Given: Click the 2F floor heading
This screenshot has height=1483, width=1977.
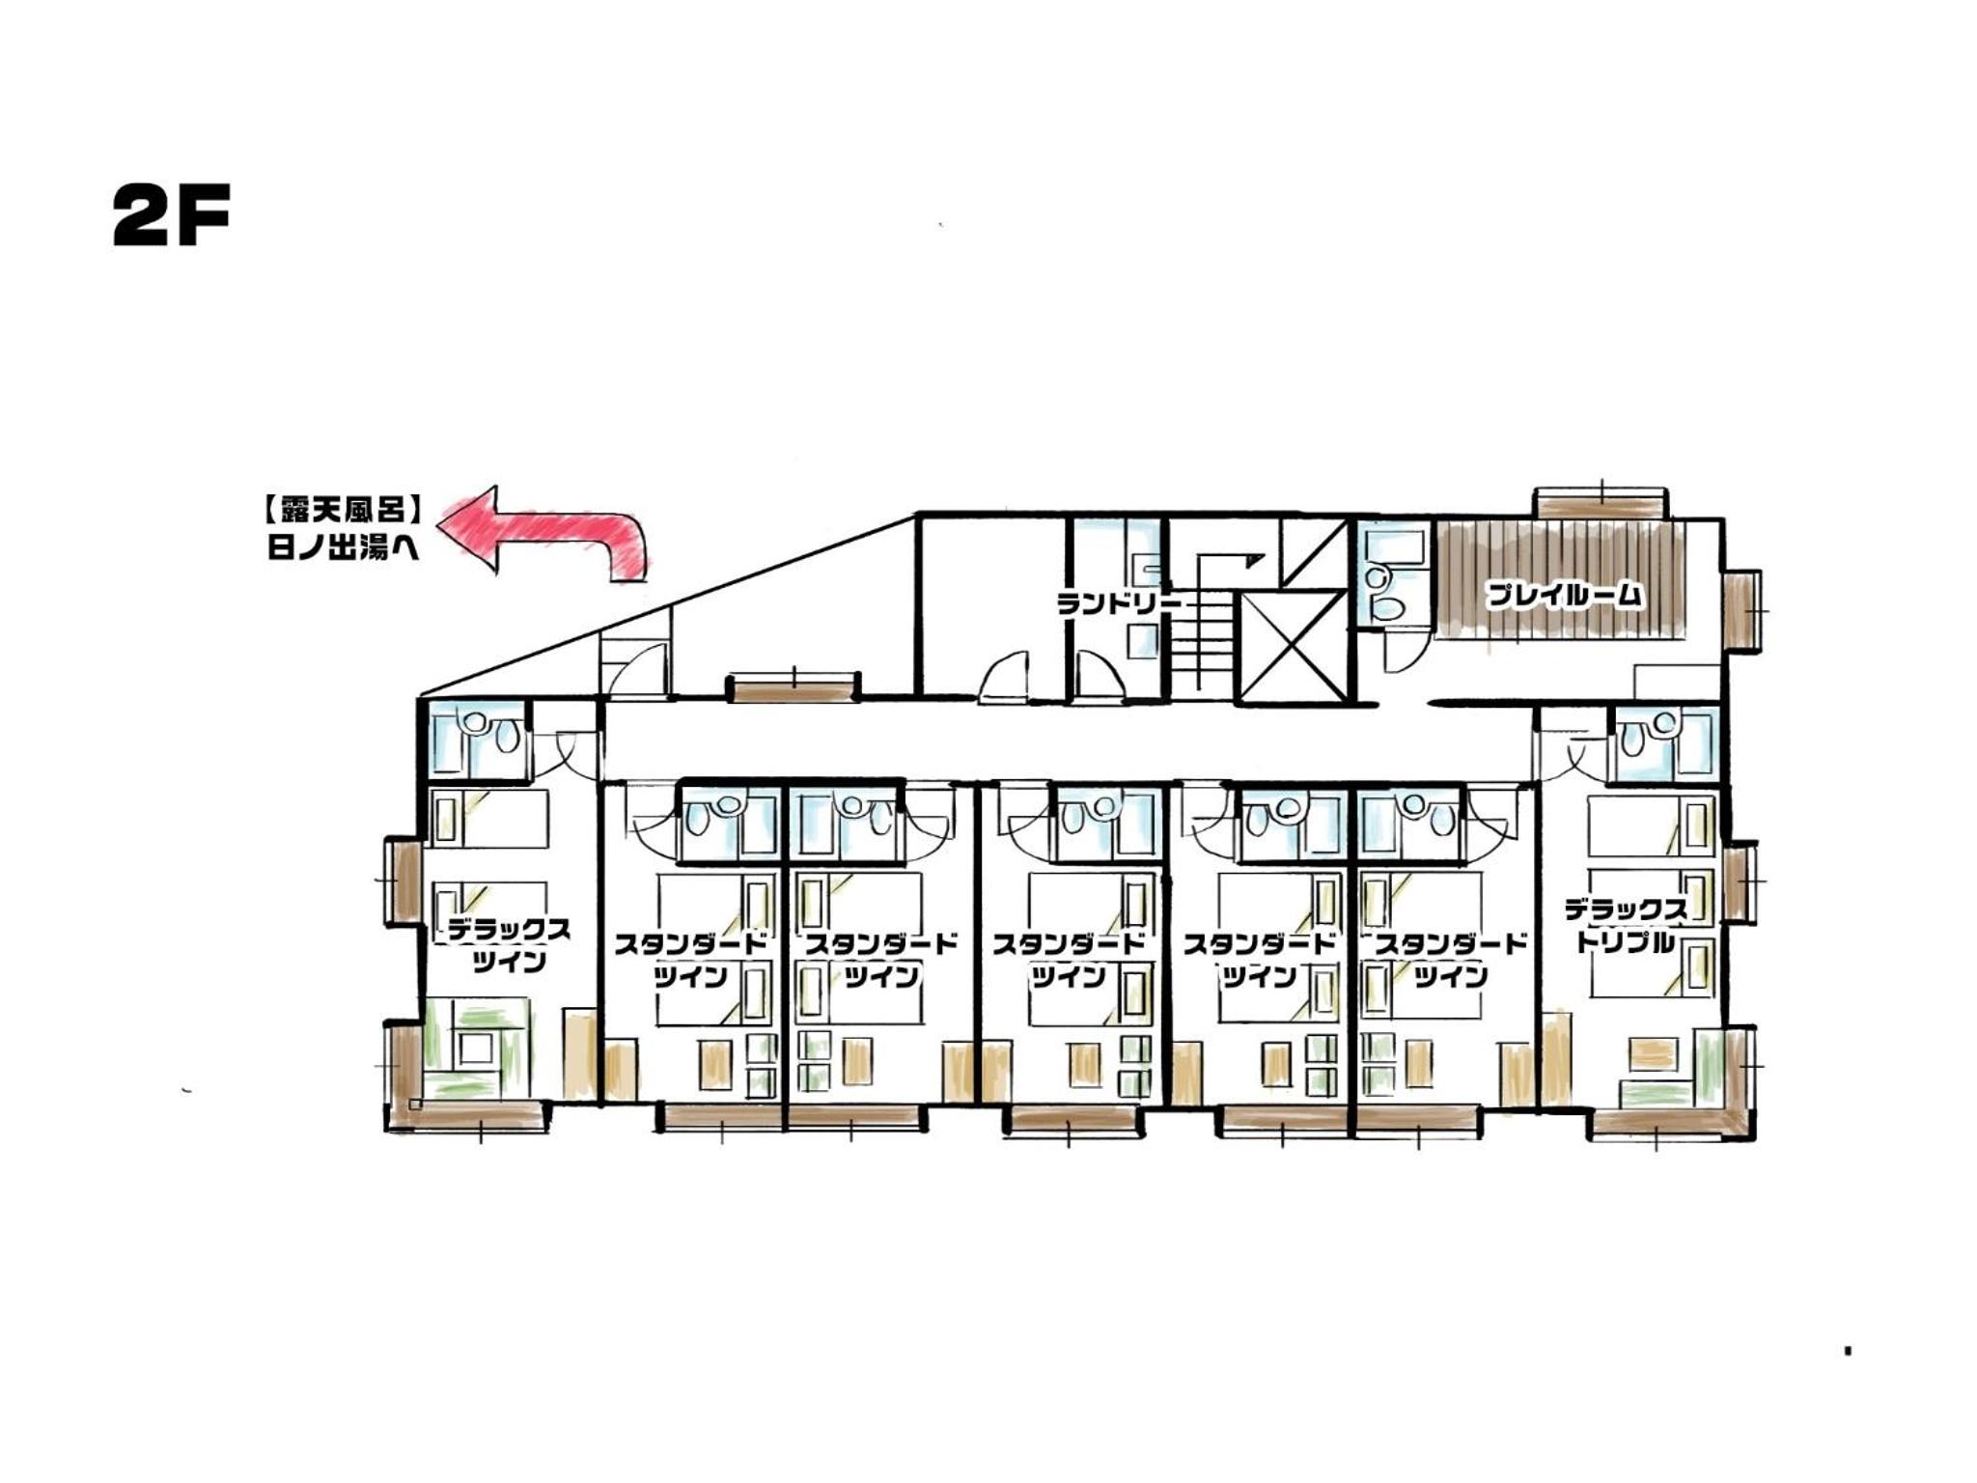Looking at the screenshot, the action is (171, 216).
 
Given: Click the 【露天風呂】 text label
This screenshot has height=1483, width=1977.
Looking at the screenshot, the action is (344, 509).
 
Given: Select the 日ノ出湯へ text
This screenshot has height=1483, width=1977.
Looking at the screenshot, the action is (344, 548).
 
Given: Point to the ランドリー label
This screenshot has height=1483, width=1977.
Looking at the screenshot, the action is (1119, 603).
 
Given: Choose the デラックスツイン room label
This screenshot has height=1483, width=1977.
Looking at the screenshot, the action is (509, 945).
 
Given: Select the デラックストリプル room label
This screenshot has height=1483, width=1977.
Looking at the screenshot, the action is (1626, 925).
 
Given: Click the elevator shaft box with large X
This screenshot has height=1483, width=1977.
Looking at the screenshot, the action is (1291, 646).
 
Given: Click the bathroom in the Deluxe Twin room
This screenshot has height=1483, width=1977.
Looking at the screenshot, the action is (477, 740).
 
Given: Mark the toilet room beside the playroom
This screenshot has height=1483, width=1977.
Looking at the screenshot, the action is (1391, 576).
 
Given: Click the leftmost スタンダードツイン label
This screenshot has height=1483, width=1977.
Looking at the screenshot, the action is (691, 960).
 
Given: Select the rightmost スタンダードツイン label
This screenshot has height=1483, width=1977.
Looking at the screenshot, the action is (1451, 960).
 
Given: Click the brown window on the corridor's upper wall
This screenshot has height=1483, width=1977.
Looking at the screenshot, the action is (793, 687).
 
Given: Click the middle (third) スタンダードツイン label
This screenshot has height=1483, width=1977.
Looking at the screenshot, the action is (1070, 960).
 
